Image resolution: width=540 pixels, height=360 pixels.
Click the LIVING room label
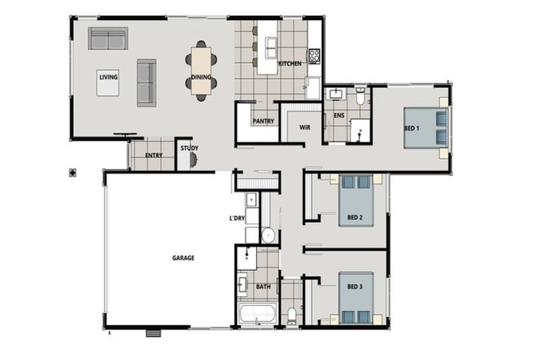[108, 77]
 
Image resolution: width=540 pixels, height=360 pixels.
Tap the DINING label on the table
[201, 77]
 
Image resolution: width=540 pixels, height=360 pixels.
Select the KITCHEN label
[290, 63]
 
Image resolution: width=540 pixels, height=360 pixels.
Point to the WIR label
[304, 128]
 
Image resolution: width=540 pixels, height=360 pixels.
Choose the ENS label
[338, 115]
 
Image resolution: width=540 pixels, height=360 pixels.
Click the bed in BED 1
[425, 127]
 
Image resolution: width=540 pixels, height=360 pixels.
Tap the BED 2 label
[354, 217]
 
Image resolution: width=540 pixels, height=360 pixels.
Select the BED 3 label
[354, 287]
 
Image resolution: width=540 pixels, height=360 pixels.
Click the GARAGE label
[183, 258]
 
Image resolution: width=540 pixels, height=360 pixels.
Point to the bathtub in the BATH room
[255, 314]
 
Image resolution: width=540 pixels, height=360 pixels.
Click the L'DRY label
[237, 219]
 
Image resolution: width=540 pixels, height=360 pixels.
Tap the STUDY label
[188, 148]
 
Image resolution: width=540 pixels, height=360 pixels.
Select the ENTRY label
[153, 155]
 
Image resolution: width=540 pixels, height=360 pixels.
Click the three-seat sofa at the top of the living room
[108, 38]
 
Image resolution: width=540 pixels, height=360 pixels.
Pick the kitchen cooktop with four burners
[314, 55]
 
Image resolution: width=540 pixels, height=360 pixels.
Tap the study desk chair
[194, 161]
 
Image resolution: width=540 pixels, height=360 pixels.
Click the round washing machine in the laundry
[268, 235]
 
